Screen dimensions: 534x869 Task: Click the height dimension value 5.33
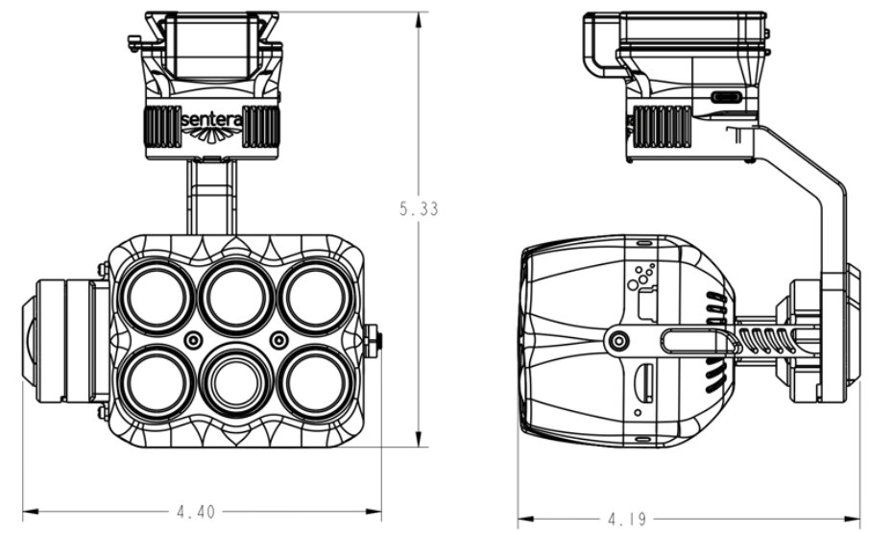point(418,208)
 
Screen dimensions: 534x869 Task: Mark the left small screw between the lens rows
point(194,340)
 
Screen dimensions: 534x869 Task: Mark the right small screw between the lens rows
point(278,340)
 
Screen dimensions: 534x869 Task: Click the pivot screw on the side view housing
point(619,340)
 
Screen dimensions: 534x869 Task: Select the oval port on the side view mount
point(727,98)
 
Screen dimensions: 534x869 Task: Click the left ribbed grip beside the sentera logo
point(162,126)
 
